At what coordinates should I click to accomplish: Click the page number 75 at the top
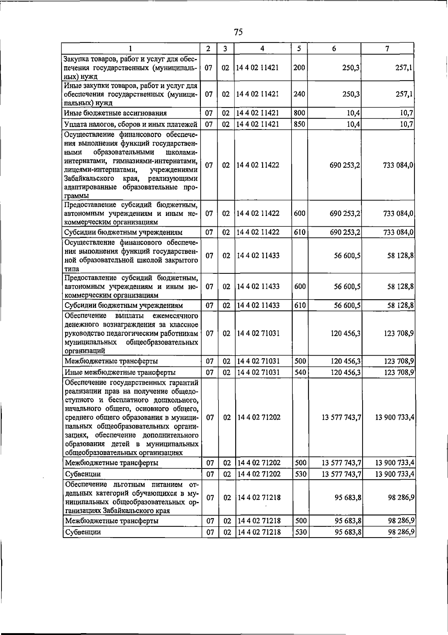(x=239, y=32)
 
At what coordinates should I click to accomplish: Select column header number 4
(x=262, y=48)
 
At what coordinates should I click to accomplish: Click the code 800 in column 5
(x=299, y=113)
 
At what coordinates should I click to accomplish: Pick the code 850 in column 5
(x=299, y=124)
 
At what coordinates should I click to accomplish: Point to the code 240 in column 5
(x=299, y=94)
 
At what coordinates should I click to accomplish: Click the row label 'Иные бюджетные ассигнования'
(x=115, y=113)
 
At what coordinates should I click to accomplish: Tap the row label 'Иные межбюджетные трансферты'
(x=121, y=372)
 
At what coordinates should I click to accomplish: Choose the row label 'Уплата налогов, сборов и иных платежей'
(x=130, y=124)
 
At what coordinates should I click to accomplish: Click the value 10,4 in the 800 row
(x=353, y=113)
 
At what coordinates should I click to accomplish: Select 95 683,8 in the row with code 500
(x=347, y=521)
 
